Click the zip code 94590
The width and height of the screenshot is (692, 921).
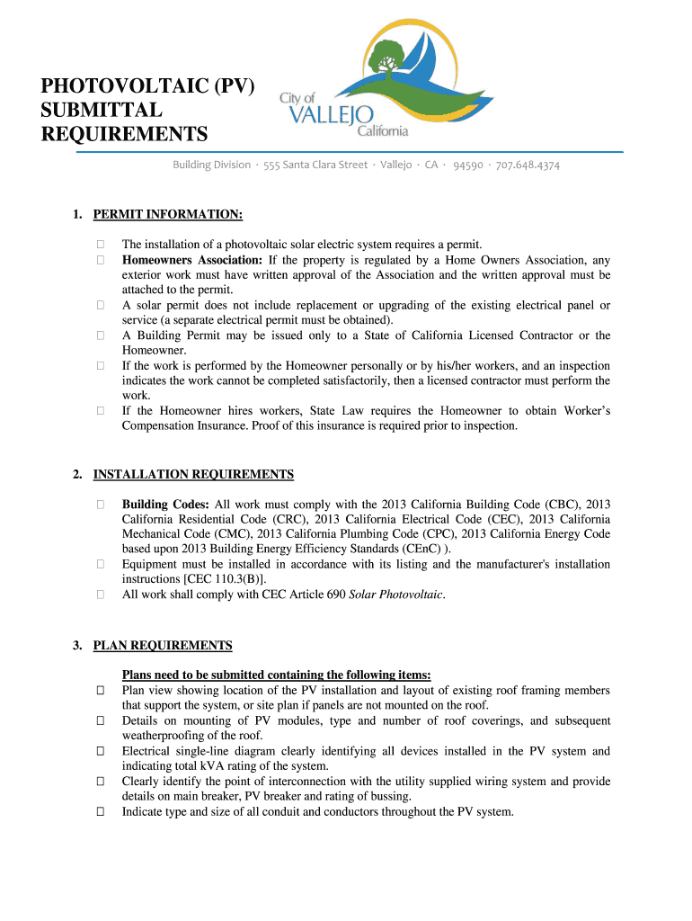pyautogui.click(x=467, y=165)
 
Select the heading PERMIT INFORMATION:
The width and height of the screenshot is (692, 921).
pyautogui.click(x=168, y=215)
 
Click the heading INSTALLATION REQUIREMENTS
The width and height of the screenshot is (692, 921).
pyautogui.click(x=193, y=474)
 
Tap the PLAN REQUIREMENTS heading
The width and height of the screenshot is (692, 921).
pyautogui.click(x=163, y=645)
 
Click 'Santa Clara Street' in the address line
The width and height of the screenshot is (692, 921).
pyautogui.click(x=325, y=165)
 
